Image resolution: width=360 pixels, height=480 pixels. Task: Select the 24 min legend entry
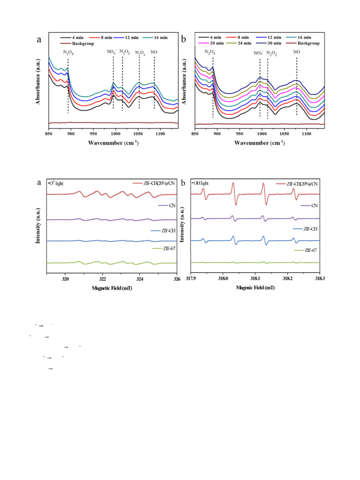click(239, 43)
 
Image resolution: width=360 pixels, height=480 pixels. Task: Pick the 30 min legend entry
click(269, 43)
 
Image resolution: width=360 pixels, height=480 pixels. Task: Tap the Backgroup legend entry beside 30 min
click(303, 43)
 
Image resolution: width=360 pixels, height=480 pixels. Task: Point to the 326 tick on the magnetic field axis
click(177, 279)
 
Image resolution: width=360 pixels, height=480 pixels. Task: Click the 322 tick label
click(103, 279)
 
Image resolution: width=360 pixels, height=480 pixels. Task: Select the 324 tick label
click(139, 279)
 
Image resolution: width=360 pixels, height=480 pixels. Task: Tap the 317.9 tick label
click(191, 278)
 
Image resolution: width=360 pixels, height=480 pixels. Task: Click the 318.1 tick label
click(255, 278)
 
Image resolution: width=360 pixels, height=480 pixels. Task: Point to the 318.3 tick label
click(320, 278)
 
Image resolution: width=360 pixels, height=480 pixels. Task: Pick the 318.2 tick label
click(287, 278)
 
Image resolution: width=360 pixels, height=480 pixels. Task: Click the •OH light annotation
click(200, 183)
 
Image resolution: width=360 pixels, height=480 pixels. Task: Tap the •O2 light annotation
click(56, 183)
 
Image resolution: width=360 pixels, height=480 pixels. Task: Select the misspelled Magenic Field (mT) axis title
click(255, 288)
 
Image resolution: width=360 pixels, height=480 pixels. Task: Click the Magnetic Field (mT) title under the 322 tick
click(112, 288)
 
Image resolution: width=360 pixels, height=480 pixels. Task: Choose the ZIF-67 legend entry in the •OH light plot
click(306, 250)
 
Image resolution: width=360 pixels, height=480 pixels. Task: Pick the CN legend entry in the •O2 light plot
click(167, 205)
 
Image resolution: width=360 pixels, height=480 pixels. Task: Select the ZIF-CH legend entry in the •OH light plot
click(305, 229)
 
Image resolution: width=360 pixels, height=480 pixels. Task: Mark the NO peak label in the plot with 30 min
click(296, 52)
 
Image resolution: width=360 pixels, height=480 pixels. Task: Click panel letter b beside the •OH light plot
click(183, 183)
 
